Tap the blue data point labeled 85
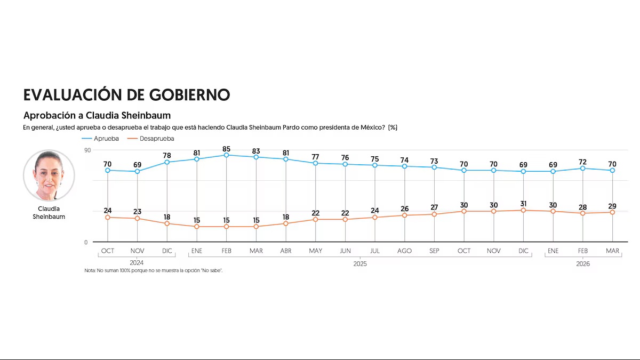(227, 155)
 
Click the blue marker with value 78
(167, 162)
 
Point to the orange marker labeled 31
(523, 210)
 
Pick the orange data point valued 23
(138, 219)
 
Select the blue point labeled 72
(583, 169)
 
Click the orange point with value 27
(434, 214)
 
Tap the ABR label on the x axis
(286, 251)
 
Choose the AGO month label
(404, 251)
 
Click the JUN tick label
(345, 251)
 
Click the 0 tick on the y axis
(86, 242)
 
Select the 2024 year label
(137, 262)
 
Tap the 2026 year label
(583, 263)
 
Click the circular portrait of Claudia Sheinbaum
(49, 175)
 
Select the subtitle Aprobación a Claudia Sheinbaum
(97, 115)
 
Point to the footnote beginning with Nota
(154, 271)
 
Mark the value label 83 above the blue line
(256, 149)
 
